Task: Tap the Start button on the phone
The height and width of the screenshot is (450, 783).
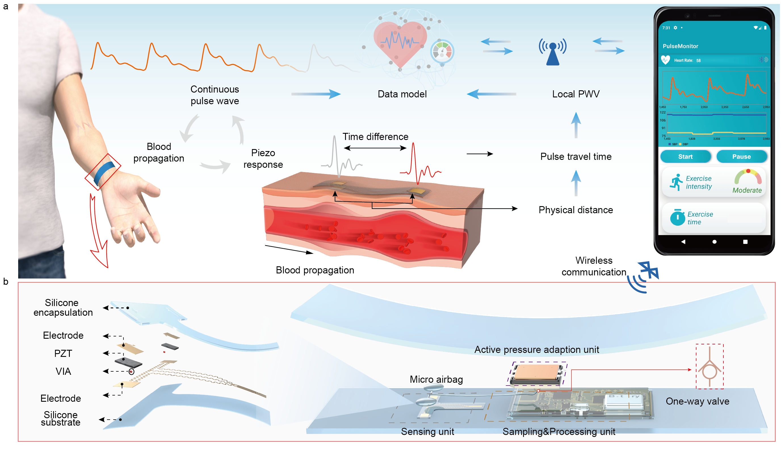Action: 685,157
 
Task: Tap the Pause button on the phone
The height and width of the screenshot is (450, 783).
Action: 741,157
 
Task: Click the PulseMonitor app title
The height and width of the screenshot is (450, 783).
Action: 680,46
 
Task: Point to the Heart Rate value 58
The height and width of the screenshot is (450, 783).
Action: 698,60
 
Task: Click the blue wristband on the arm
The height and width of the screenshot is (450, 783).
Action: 104,173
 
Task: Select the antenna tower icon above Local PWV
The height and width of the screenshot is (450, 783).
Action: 553,53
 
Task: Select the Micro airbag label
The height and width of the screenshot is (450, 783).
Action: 436,380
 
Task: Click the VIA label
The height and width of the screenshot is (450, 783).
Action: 63,371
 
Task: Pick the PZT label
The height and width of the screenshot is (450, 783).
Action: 63,353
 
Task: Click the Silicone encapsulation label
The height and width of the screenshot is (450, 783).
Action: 63,307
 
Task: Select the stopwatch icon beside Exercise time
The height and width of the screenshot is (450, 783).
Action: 677,217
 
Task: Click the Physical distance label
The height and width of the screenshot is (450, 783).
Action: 576,210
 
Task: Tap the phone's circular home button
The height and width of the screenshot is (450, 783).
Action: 714,242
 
